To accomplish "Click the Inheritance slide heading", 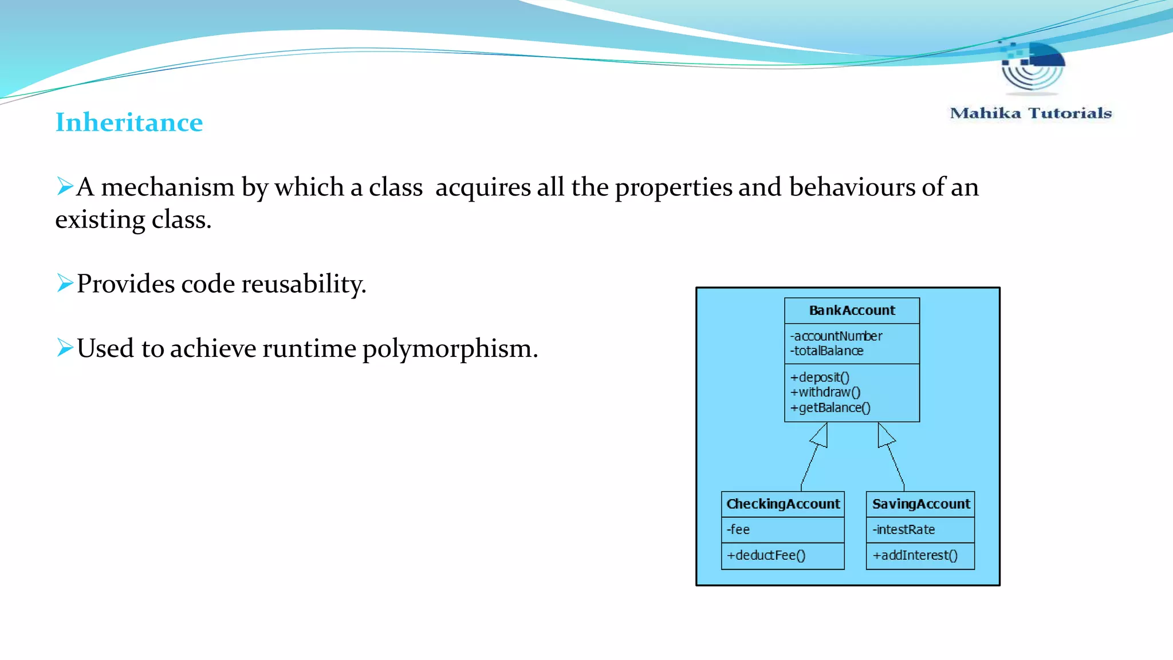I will (129, 123).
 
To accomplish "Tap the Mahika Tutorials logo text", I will (1030, 113).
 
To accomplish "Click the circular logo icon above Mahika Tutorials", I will (1033, 66).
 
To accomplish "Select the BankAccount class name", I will (852, 311).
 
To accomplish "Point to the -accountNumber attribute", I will (836, 336).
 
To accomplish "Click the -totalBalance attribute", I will (827, 351).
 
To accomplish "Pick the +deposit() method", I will (820, 378).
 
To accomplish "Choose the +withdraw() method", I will (825, 392).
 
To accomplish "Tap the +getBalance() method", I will (830, 408).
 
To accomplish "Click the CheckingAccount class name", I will (783, 504).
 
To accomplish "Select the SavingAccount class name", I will (921, 504).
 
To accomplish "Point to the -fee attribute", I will (738, 530).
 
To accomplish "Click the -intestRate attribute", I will (904, 530).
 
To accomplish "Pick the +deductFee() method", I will (766, 556).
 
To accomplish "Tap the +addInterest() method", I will (915, 556).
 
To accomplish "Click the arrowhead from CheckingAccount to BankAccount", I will (821, 437).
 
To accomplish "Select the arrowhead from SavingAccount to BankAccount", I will (884, 436).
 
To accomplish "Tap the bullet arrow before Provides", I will (65, 283).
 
